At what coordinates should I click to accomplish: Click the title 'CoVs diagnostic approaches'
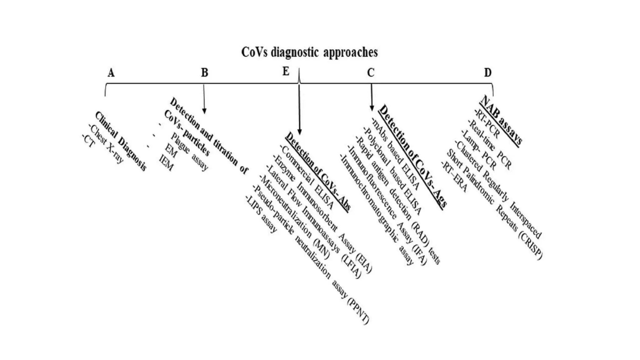click(309, 52)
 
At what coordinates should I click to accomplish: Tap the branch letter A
click(111, 73)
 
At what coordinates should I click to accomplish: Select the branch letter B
click(204, 72)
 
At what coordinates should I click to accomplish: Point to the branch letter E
click(286, 71)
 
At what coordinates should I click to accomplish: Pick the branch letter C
click(371, 72)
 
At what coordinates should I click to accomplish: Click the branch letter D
click(487, 72)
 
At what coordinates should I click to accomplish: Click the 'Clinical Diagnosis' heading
click(120, 141)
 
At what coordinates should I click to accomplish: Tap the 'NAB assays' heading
click(501, 121)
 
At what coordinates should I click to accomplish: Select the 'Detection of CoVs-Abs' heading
click(318, 172)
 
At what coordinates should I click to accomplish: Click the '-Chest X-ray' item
click(106, 143)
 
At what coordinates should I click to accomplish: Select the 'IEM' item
click(166, 163)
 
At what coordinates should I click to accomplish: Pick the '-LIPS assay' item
click(261, 214)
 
